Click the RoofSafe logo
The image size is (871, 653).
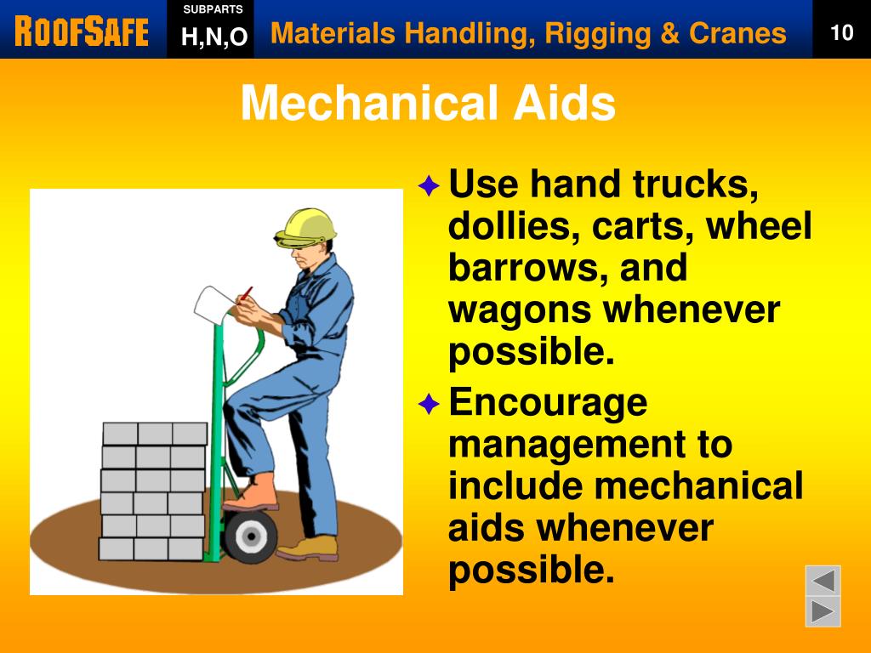tap(82, 32)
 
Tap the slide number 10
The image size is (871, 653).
tap(841, 33)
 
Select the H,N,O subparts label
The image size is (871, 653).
tap(213, 37)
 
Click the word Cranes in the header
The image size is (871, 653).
tap(737, 33)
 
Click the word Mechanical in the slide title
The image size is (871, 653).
tap(368, 105)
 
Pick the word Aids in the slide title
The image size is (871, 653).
tap(563, 105)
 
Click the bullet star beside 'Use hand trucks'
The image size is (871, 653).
tap(429, 185)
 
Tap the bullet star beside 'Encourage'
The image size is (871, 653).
tap(429, 404)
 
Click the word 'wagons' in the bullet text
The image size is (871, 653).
tap(519, 309)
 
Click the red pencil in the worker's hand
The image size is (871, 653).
tap(245, 294)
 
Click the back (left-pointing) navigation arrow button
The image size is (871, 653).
tap(823, 582)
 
